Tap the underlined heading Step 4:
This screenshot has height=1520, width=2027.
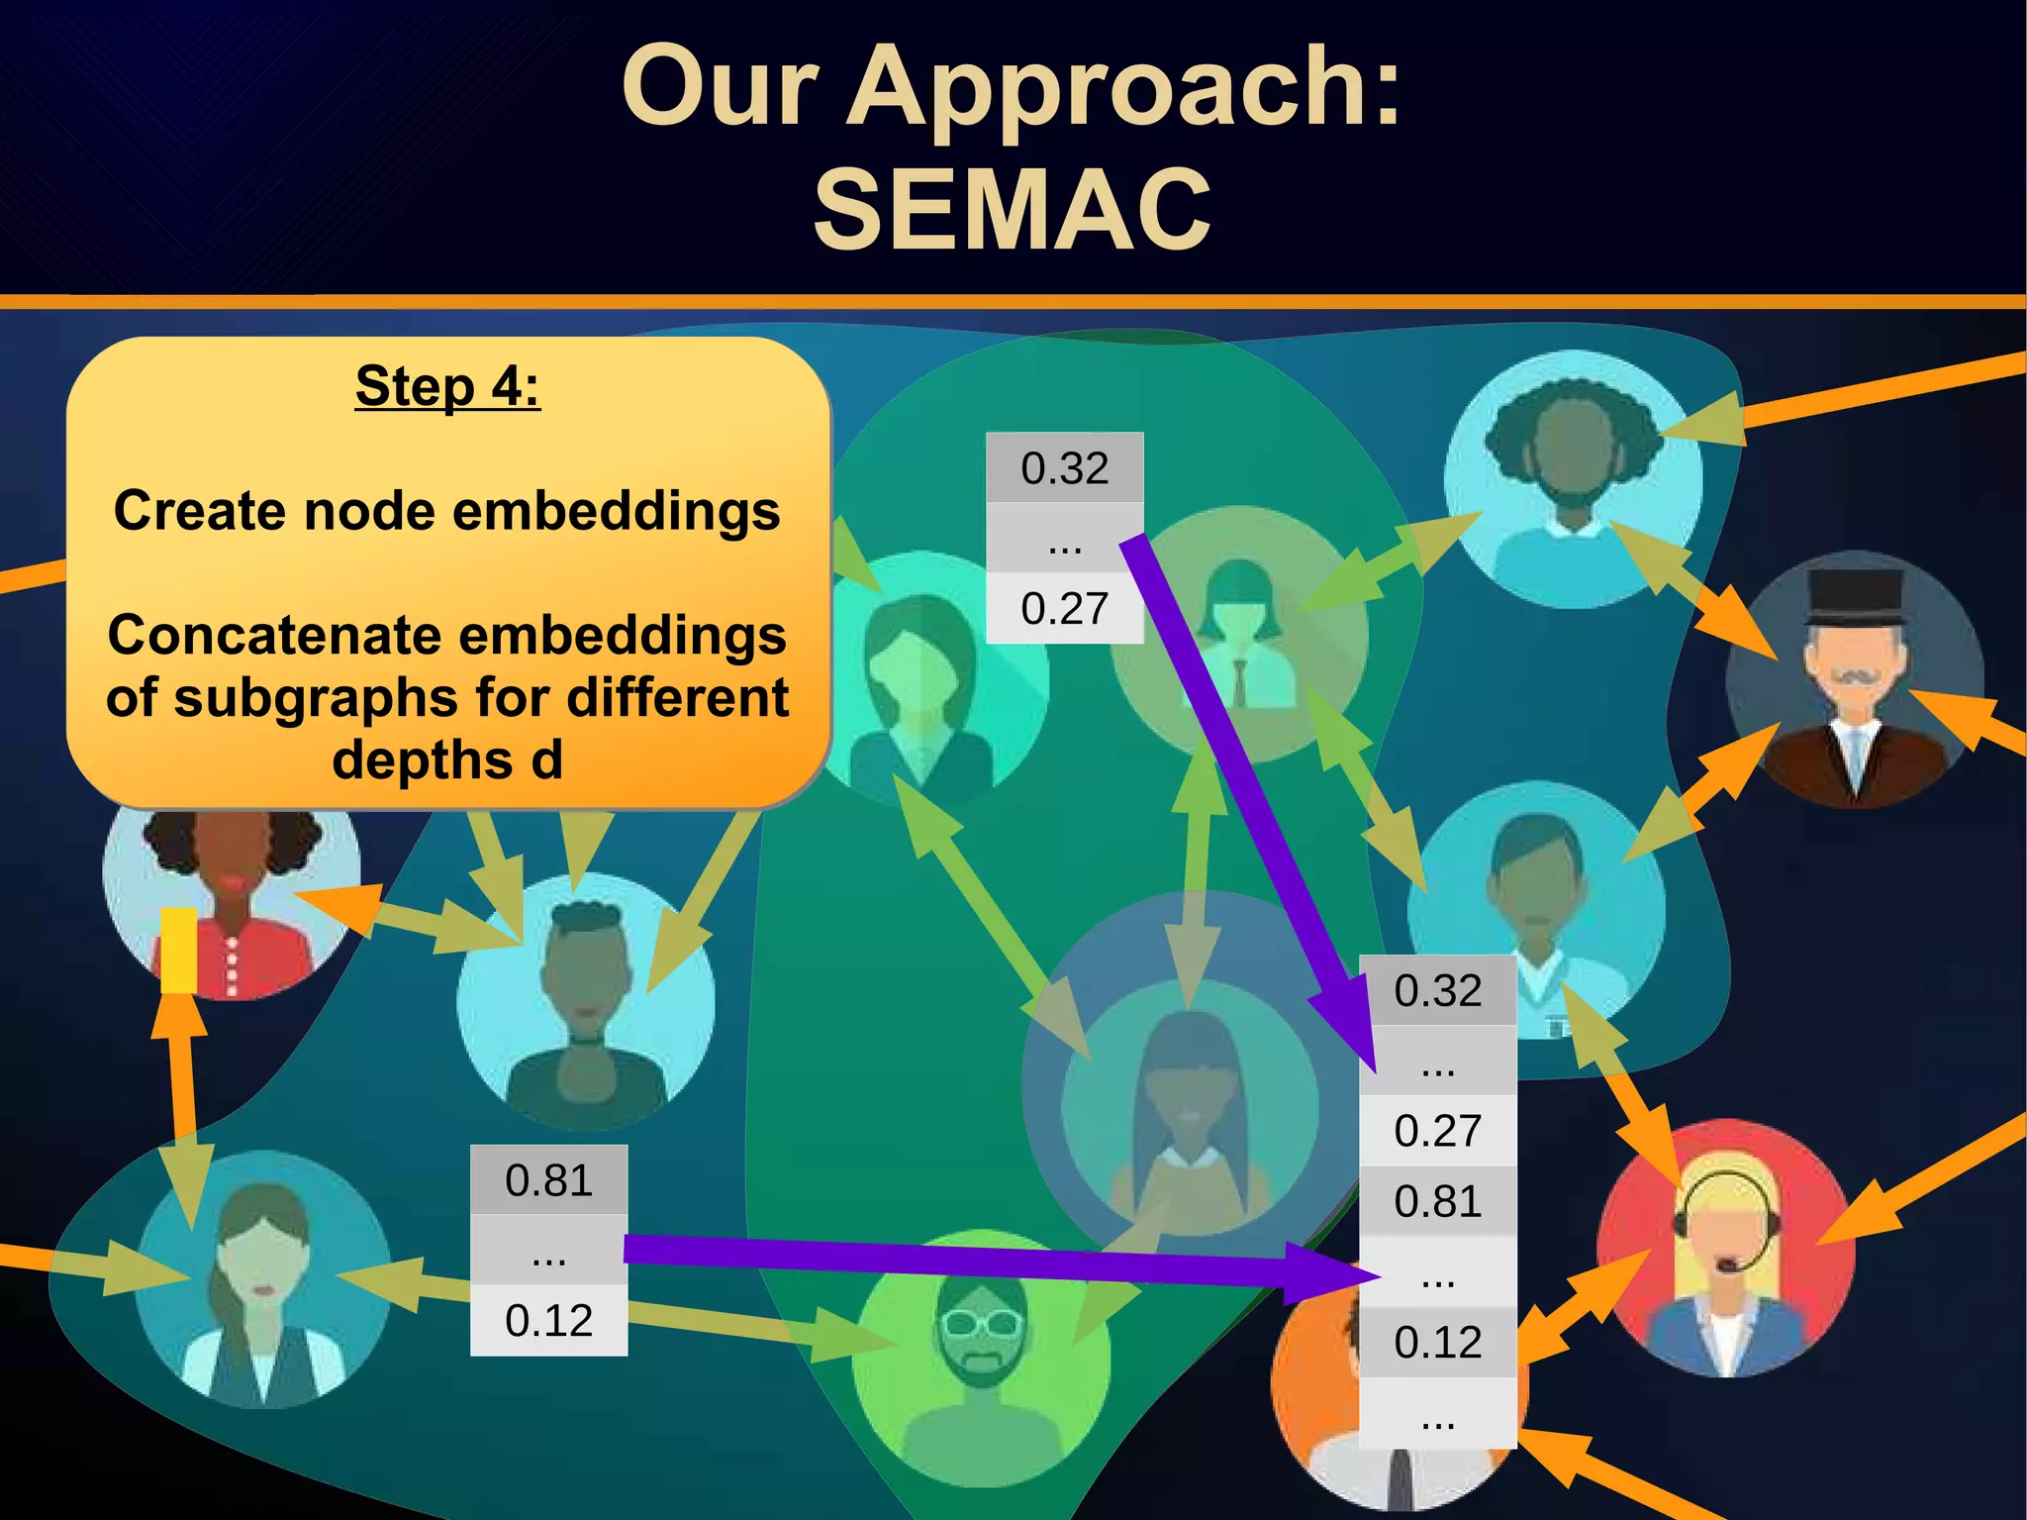pyautogui.click(x=447, y=386)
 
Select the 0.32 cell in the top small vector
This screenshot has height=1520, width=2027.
pyautogui.click(x=1065, y=467)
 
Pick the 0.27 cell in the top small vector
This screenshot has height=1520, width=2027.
pyautogui.click(x=1065, y=608)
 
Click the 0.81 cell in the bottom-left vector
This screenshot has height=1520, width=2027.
pyautogui.click(x=548, y=1180)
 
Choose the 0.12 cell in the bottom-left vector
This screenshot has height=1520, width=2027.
pyautogui.click(x=548, y=1321)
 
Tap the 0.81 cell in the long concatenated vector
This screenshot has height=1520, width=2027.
pyautogui.click(x=1437, y=1201)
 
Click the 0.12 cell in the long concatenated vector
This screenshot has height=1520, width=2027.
pyautogui.click(x=1437, y=1342)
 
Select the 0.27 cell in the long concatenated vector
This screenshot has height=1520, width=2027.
pyautogui.click(x=1437, y=1131)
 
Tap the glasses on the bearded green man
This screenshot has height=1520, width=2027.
pyautogui.click(x=981, y=1323)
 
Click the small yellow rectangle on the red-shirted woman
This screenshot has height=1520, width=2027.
pyautogui.click(x=179, y=950)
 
